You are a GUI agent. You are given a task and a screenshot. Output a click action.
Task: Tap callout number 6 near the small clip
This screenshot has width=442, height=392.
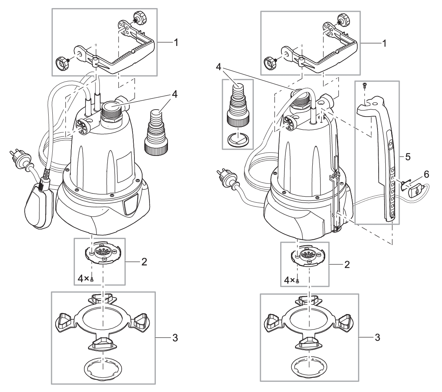(426, 175)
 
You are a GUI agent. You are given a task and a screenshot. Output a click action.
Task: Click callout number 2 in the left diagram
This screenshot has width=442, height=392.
(145, 262)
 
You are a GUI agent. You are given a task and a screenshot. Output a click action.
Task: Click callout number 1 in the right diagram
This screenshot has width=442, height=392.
(385, 43)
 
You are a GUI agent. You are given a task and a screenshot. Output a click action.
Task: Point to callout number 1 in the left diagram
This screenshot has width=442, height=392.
(176, 43)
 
